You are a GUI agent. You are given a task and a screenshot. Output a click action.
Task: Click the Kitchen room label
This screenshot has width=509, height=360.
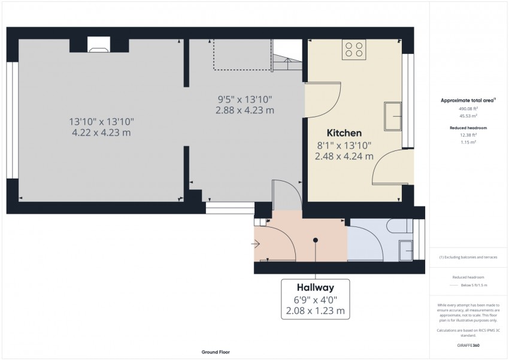coord(344,133)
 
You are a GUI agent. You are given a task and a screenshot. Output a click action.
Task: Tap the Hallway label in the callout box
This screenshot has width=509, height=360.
coord(314,287)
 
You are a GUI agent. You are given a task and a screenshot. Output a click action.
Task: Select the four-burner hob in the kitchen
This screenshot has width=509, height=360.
coord(355,49)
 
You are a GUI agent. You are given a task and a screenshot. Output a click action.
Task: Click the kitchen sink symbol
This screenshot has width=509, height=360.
coord(393,116)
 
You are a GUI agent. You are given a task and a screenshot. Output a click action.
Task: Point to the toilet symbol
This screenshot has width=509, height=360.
coord(398,226)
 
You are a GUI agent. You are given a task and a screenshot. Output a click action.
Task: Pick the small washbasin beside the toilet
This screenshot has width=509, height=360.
coord(405,246)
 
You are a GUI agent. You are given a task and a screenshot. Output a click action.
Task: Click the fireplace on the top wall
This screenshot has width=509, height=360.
coord(98,45)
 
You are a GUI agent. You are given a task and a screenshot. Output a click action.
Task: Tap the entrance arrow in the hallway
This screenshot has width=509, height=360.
coord(256,244)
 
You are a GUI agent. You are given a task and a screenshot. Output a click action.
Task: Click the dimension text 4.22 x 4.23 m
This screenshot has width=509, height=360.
coord(101,133)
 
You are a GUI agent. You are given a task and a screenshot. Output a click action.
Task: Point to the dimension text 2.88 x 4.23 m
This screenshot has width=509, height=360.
coord(246,110)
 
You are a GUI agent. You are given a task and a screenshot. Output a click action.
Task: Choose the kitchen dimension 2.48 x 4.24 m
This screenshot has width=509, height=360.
coord(344,156)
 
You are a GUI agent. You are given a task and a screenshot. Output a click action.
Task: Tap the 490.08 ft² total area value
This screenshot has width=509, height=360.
coord(468,108)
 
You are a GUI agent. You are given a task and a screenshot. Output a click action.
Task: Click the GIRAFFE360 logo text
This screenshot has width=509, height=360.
coord(468,346)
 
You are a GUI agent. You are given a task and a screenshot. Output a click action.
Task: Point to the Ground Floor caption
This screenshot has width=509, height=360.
coord(215,352)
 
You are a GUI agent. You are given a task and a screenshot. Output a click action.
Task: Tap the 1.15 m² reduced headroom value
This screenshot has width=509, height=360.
coord(468,143)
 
